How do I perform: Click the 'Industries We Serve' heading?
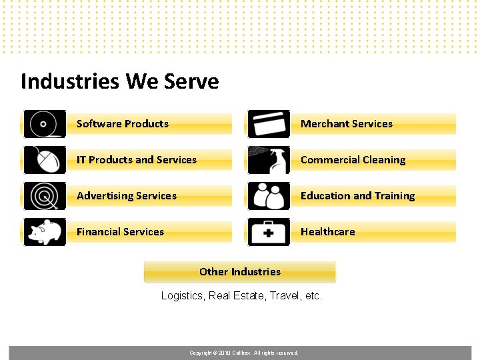[120, 81]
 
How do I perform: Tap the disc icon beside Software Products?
[45, 124]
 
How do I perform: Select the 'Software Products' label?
[123, 124]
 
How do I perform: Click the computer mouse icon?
[45, 160]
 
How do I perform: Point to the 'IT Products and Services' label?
[137, 160]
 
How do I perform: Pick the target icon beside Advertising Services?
[45, 196]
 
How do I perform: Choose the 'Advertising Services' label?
[127, 196]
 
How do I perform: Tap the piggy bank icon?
[45, 232]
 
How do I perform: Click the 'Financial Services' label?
[120, 232]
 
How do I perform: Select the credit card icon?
[269, 124]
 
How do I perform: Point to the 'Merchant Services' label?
[347, 124]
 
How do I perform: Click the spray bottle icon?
[269, 160]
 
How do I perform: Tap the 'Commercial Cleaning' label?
[353, 160]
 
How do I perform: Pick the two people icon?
[269, 196]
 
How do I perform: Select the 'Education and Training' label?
[358, 196]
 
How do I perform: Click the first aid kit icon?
[269, 232]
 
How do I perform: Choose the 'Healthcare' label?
[328, 232]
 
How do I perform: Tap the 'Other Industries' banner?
[240, 272]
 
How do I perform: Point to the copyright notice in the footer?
[244, 353]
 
